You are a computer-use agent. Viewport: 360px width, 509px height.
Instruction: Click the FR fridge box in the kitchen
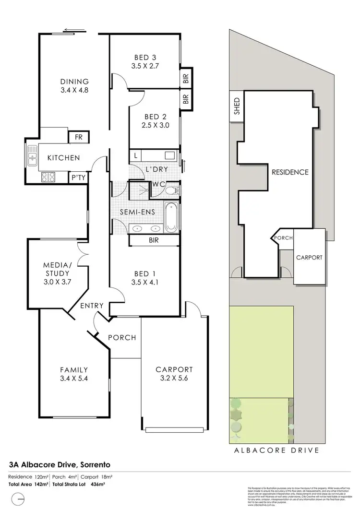(78, 138)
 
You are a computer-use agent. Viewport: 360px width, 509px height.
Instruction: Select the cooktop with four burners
(48, 177)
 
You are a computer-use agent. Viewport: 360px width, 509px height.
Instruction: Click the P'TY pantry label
(78, 177)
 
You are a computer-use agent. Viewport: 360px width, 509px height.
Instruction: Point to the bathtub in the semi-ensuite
(171, 217)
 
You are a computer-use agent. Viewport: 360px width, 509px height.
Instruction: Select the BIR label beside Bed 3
(186, 79)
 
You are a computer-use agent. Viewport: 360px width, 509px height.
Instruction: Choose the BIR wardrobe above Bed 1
(154, 239)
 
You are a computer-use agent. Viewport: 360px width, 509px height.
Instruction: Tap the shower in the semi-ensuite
(139, 189)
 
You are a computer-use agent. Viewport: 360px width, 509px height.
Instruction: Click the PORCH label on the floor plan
(122, 337)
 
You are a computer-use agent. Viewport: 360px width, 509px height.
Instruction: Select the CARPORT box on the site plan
(309, 257)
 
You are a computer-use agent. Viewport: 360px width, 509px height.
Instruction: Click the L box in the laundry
(136, 156)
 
